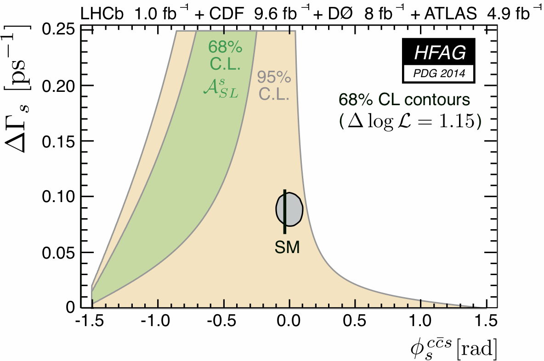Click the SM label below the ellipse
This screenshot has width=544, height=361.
tap(287, 248)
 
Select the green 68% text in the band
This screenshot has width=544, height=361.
tap(225, 47)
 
